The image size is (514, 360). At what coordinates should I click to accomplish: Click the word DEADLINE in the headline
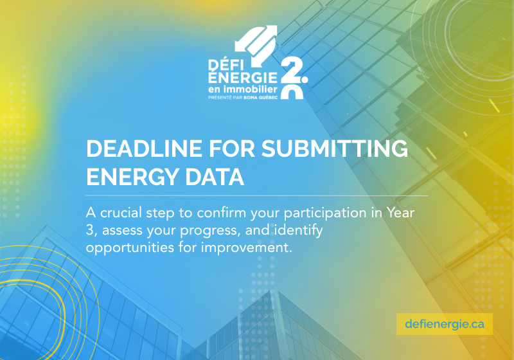(144, 148)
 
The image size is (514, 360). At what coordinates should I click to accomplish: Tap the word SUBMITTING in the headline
(335, 148)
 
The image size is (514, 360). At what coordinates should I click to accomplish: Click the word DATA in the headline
(215, 177)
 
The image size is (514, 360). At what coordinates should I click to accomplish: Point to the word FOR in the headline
(232, 148)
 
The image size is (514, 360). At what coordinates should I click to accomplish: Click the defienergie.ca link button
(445, 324)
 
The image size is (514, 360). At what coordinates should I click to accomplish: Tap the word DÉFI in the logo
(224, 66)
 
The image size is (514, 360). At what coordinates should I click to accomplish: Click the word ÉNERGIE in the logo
(243, 77)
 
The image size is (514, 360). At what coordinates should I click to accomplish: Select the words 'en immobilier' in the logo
(243, 89)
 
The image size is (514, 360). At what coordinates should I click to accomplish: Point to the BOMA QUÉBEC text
(261, 97)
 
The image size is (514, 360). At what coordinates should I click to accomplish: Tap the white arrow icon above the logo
(256, 41)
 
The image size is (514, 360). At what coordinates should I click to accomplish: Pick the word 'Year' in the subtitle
(400, 213)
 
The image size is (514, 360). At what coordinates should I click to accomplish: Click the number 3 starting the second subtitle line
(89, 230)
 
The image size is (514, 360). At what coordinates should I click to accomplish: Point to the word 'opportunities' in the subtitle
(130, 248)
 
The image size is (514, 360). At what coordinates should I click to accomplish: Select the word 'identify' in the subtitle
(299, 230)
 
